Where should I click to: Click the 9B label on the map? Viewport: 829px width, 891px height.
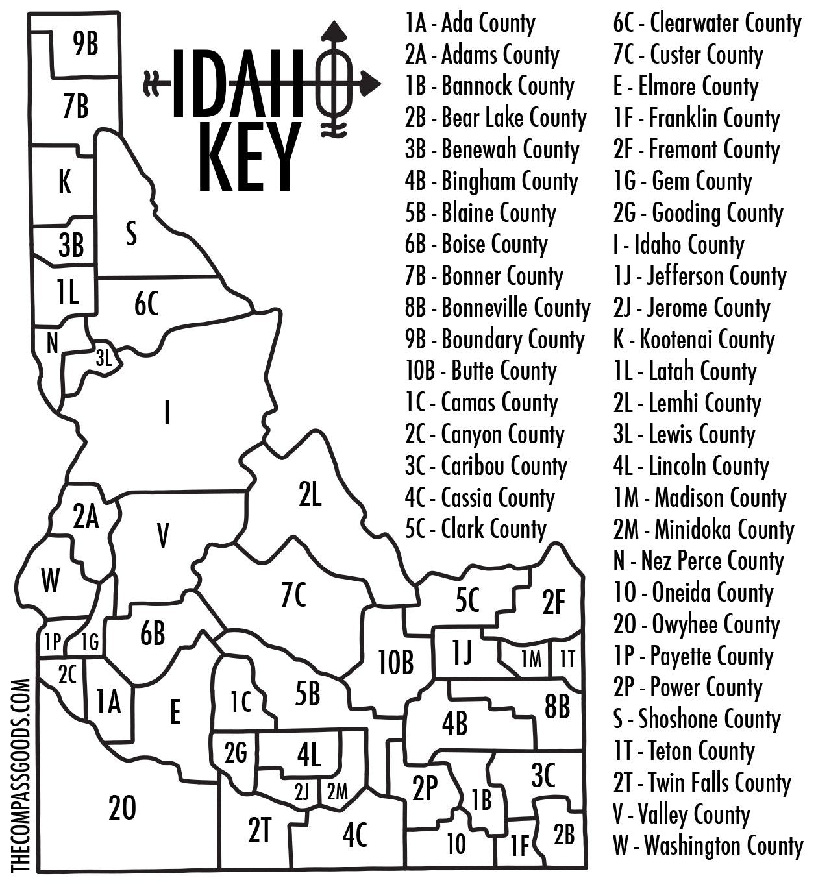point(86,45)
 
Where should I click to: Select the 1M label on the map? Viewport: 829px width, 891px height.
point(531,659)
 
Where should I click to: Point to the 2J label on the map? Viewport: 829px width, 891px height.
point(302,792)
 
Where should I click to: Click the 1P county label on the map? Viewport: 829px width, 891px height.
point(52,642)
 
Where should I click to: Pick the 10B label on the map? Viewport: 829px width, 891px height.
point(396,663)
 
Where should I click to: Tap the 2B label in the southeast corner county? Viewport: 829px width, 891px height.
point(564,833)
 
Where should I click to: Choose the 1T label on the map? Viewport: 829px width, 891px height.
point(567,659)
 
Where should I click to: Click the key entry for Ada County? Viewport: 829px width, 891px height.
point(470,24)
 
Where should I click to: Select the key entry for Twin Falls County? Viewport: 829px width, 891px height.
point(702,783)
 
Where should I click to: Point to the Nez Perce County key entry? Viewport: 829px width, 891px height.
point(699,561)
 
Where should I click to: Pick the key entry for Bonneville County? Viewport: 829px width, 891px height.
point(497,308)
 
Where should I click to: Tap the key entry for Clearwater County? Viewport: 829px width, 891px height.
point(708,24)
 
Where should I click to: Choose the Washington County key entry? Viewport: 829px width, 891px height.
point(708,846)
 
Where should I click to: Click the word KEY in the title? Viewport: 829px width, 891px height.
point(250,158)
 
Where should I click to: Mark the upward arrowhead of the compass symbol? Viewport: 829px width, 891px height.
point(335,30)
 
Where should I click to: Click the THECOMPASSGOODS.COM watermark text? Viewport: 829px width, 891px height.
point(21,775)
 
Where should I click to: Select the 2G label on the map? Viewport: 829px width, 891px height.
point(236,753)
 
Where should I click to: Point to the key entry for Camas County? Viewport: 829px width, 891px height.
point(481,403)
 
